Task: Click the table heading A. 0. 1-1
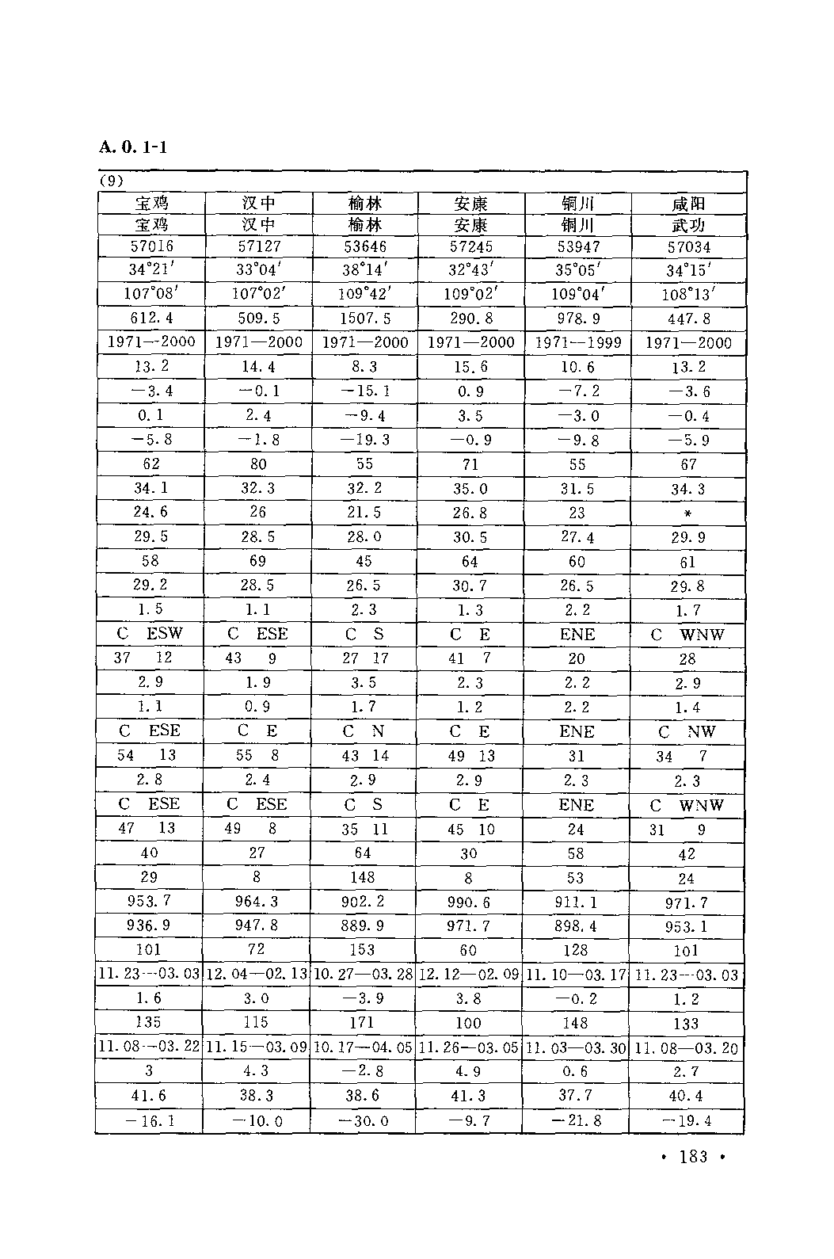133,147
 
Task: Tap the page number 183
693,1156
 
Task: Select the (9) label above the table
112,181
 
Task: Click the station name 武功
687,225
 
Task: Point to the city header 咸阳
687,204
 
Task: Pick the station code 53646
364,246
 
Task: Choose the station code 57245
470,246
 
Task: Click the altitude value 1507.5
364,319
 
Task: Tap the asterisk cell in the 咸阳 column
687,513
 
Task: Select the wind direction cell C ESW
150,634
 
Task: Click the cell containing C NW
687,731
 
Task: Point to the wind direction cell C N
364,731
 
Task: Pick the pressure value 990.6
469,902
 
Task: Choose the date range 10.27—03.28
364,975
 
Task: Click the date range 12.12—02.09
469,975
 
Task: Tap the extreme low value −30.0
364,1121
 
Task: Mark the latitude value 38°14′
364,270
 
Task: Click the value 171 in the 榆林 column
364,1023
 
